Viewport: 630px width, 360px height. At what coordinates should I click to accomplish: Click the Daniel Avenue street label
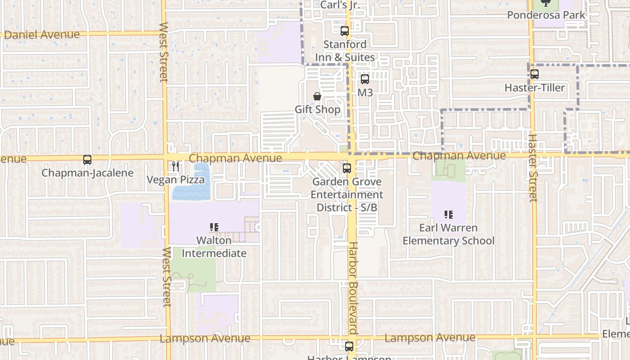41,35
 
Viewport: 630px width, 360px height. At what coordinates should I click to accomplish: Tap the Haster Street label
533,168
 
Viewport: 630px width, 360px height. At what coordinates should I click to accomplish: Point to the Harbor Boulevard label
353,288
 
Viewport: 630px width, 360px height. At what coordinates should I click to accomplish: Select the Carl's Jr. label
341,5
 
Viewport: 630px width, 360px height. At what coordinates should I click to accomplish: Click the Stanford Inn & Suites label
345,51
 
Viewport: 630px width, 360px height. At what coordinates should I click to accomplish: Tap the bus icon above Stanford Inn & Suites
345,31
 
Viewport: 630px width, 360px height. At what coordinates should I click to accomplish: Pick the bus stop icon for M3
365,79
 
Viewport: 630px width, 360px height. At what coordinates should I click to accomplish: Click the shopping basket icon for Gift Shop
317,96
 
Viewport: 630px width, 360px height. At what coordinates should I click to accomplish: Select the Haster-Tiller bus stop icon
535,74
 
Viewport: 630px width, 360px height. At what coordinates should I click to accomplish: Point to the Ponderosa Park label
546,15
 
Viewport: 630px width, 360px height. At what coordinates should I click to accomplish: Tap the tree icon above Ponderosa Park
546,3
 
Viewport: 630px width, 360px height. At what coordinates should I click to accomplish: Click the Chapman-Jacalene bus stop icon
87,160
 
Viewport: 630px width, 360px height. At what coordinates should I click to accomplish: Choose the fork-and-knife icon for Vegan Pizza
175,166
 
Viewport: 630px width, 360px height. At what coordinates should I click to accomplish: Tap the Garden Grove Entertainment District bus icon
346,168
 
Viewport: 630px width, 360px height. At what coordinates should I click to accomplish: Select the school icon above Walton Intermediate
214,227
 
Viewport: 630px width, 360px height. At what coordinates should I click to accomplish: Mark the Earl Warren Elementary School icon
448,214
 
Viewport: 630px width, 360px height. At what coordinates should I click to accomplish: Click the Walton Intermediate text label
214,247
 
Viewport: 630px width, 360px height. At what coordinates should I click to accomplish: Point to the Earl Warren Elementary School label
448,234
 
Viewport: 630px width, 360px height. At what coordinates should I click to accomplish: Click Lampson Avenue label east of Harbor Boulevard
430,337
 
